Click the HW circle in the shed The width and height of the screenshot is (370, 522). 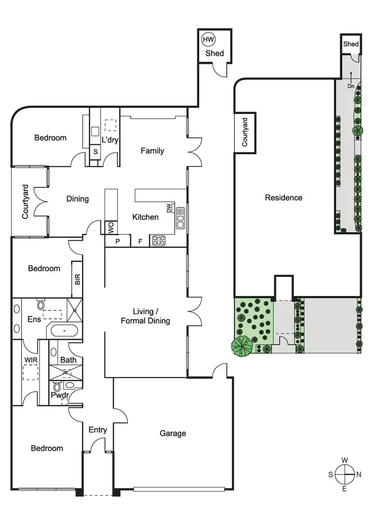point(208,39)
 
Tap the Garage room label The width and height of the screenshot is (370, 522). point(173,434)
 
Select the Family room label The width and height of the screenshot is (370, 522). point(152,151)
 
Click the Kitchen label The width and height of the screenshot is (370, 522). point(146,217)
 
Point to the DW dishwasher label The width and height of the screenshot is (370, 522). point(169,209)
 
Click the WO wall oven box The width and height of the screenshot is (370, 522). point(110,228)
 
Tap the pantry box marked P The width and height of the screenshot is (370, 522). point(118,241)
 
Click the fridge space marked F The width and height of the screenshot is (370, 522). point(140,241)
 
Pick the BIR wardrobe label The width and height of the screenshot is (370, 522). point(77,279)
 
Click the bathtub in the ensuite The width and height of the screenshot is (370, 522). point(62,331)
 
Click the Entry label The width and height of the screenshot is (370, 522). point(98,430)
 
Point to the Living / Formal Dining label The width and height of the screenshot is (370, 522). point(145,316)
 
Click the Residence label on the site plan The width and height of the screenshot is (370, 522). point(284,198)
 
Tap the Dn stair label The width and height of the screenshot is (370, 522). point(351,87)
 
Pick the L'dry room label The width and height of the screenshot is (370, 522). point(110,140)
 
